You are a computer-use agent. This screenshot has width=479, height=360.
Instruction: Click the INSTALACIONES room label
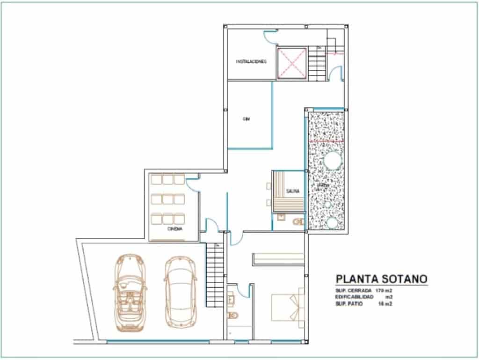(x=251, y=61)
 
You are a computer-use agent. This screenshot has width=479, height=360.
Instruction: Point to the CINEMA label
(x=174, y=229)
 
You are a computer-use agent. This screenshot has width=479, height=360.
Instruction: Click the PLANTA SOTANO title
(x=381, y=279)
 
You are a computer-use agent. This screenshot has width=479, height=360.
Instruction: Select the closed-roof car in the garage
(x=180, y=290)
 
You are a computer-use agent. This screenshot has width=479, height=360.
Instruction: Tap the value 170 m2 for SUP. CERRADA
(x=383, y=291)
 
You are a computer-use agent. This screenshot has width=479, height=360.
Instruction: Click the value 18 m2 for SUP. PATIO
(x=384, y=304)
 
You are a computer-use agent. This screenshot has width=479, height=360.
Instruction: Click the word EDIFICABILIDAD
(x=354, y=297)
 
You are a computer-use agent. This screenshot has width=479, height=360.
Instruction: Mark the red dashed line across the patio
(x=327, y=140)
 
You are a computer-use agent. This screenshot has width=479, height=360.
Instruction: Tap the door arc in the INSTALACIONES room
(x=269, y=37)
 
